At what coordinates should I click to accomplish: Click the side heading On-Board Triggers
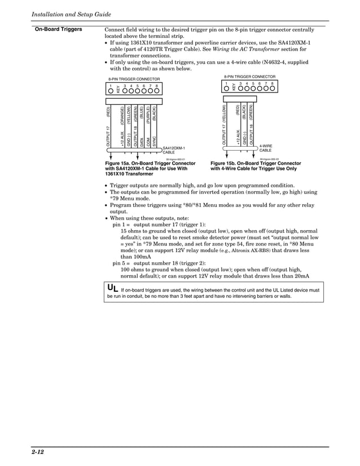coord(59,29)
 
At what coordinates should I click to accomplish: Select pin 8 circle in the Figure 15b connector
coord(272,88)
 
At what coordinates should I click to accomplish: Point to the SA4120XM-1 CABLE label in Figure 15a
coord(174,150)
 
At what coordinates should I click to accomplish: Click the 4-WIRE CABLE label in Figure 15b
coord(265,148)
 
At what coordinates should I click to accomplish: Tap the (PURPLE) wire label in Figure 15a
coord(148,114)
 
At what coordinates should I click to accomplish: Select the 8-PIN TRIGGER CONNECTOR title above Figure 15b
coord(249,76)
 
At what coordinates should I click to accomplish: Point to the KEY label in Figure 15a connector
coord(118,89)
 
